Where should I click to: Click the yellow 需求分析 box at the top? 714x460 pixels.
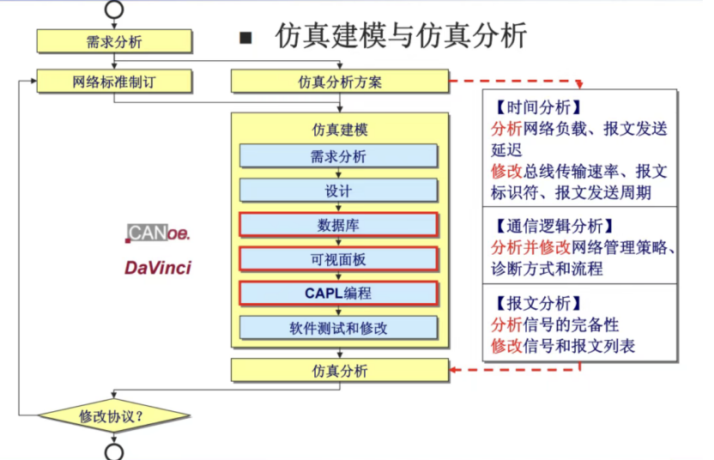click(114, 41)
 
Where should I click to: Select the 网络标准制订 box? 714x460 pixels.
click(114, 82)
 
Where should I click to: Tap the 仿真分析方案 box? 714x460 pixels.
click(340, 82)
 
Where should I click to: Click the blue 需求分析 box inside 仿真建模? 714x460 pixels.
click(338, 156)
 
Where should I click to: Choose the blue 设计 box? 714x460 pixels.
click(338, 191)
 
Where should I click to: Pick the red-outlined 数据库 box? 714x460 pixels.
click(338, 225)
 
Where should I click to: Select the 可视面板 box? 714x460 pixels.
click(338, 259)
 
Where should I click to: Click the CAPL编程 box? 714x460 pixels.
click(338, 294)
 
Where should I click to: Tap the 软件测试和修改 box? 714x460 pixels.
click(338, 328)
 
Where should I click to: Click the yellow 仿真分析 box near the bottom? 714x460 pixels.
click(340, 370)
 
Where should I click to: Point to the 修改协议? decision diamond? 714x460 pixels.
click(114, 415)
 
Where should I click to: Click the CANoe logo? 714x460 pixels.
click(158, 233)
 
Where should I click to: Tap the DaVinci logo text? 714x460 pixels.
click(158, 268)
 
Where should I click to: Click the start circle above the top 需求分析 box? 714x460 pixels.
click(114, 9)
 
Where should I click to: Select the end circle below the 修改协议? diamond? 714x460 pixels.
click(114, 452)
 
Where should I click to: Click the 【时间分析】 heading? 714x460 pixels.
click(538, 107)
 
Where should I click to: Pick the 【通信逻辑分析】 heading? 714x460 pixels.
click(554, 226)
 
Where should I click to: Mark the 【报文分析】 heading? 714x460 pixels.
click(538, 303)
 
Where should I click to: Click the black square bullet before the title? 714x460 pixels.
click(246, 38)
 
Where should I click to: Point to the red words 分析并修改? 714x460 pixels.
click(530, 247)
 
